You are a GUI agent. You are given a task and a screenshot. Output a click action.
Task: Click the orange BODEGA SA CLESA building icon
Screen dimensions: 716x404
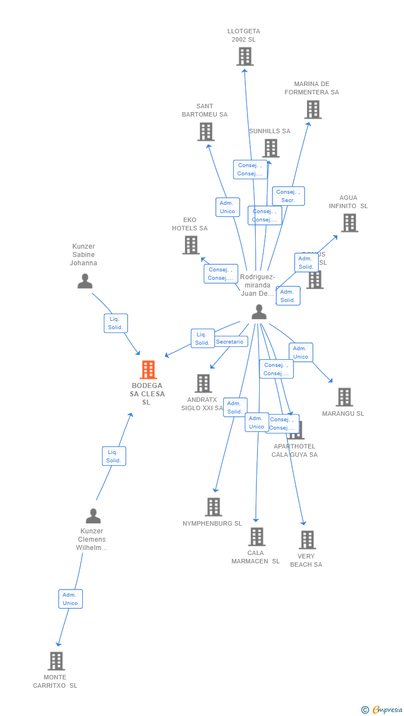tap(148, 370)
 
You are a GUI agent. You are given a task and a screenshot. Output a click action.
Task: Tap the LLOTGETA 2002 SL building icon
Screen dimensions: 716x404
tap(245, 57)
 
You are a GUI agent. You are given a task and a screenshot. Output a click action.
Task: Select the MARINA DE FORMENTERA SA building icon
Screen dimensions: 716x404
tap(313, 109)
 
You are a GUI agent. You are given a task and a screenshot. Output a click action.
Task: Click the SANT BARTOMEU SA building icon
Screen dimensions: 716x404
tap(206, 132)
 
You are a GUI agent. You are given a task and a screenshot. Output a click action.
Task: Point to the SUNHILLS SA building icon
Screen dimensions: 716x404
tap(271, 148)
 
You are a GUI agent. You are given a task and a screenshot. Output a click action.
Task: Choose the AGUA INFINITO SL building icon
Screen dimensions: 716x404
tap(349, 223)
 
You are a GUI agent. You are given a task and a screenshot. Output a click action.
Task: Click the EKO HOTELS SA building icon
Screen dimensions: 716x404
tap(191, 245)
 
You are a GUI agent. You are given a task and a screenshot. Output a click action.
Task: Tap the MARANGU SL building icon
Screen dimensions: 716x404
tap(344, 397)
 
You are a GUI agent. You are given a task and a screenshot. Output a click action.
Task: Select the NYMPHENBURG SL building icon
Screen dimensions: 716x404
tap(214, 507)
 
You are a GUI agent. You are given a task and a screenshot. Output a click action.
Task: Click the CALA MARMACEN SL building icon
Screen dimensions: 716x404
tap(256, 537)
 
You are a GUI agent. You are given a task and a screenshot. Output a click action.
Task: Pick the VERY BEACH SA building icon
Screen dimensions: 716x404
tap(307, 539)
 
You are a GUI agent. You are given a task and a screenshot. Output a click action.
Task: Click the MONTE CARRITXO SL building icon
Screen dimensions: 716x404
tap(56, 661)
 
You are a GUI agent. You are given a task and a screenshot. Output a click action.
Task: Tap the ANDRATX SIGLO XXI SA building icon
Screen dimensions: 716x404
tap(203, 383)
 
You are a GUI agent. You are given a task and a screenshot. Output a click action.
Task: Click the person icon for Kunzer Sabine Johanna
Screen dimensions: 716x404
tap(85, 281)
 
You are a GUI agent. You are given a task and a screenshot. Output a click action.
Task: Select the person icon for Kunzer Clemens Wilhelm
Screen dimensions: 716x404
tap(93, 516)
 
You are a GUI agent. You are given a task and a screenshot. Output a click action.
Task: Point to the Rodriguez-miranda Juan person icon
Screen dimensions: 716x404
tap(259, 312)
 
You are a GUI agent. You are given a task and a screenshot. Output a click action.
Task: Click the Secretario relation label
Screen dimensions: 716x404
tap(230, 342)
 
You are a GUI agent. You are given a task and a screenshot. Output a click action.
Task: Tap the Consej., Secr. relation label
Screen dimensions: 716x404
tap(288, 196)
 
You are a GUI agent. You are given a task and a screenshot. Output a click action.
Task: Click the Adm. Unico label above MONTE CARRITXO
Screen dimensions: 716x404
tap(70, 599)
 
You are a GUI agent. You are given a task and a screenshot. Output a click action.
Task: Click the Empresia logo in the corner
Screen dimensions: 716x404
tap(382, 709)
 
